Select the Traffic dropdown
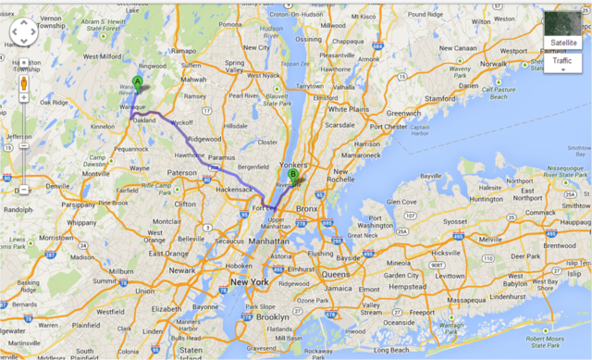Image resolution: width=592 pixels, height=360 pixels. [x=561, y=61]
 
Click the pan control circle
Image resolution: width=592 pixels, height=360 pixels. [x=23, y=33]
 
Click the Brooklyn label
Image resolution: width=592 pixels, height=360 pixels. [x=272, y=317]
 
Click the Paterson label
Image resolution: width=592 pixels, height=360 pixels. [x=181, y=172]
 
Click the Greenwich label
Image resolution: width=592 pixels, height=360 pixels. [x=403, y=114]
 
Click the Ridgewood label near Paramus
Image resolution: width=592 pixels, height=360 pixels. [x=203, y=139]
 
